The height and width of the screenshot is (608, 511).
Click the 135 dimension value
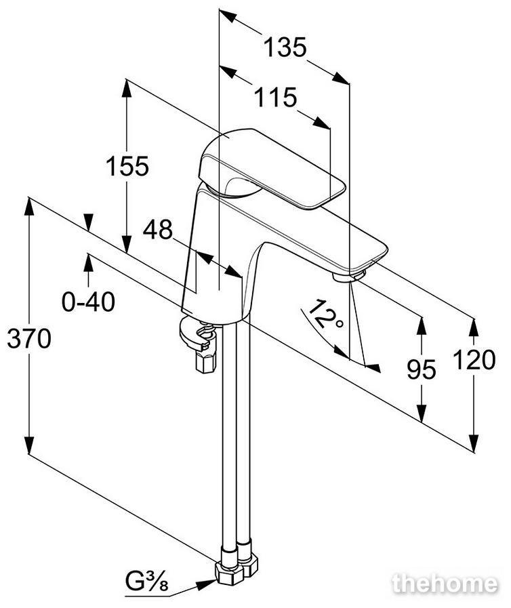[x=285, y=47]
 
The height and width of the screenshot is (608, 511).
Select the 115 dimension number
[x=275, y=98]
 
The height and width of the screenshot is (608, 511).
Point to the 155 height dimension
[x=127, y=166]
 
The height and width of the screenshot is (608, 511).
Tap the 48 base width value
[x=157, y=230]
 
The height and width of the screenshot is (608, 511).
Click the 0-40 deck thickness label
[x=88, y=302]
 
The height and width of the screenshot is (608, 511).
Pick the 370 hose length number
[x=29, y=338]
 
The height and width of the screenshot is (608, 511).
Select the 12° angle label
[x=325, y=315]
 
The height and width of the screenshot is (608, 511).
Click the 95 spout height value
[x=422, y=369]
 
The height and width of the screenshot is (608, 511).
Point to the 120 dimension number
[x=474, y=359]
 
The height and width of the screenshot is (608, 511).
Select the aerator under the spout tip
[x=348, y=276]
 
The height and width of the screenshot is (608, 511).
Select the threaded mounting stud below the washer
[x=205, y=361]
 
